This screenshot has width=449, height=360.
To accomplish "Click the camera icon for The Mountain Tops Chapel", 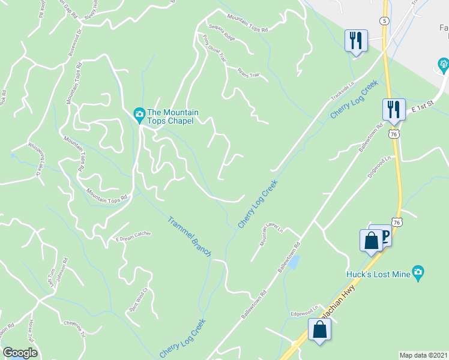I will coord(139,113).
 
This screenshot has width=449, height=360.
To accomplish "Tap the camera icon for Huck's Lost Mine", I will coord(419,273).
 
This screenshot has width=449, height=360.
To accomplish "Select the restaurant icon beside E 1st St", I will coord(394,109).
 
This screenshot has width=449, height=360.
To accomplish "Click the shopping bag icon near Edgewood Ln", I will coord(320,329).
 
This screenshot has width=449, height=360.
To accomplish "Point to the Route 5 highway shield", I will coord(383,20).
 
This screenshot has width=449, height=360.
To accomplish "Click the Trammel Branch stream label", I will coord(189,236).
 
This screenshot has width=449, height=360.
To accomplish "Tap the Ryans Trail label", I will coord(247,71).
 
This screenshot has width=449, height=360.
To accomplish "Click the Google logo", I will coord(20,353).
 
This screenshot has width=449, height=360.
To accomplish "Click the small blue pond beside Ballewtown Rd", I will coord(294,262).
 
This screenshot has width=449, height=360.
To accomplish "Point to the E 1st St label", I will coord(423,108).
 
